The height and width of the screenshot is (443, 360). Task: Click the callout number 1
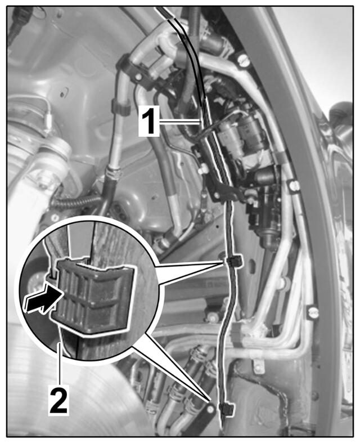(x=148, y=122)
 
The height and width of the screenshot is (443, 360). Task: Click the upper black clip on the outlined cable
(x=234, y=261)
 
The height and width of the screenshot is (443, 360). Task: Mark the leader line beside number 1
(x=179, y=122)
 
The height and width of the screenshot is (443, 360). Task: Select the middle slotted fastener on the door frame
(x=294, y=185)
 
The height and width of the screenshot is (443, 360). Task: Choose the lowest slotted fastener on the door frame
(x=313, y=312)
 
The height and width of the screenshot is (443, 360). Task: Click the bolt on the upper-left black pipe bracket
(x=138, y=77)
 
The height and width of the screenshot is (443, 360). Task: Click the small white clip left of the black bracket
(x=204, y=169)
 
